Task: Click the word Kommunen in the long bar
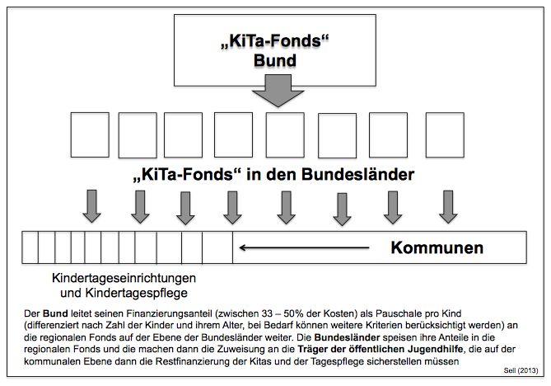point(437,247)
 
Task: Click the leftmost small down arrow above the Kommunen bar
point(91,208)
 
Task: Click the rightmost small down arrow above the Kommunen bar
point(447,208)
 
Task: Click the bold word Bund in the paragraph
point(52,314)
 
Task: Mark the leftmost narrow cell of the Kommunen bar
point(30,247)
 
